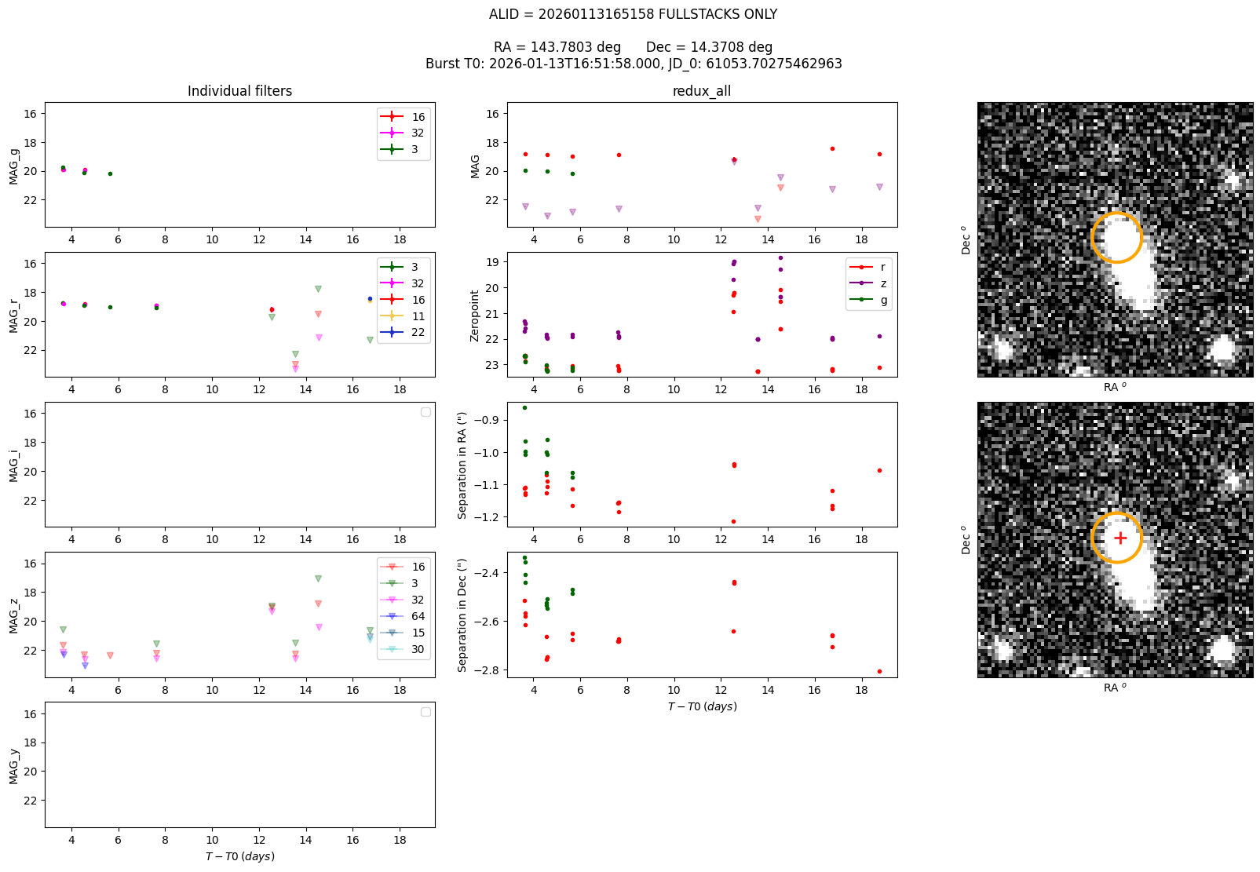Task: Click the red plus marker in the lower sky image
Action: pos(1120,538)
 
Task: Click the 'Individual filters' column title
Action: pos(239,91)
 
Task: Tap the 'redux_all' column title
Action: pos(701,91)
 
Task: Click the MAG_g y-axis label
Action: pos(14,167)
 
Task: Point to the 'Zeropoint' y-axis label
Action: pos(475,316)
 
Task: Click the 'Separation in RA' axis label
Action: pos(462,465)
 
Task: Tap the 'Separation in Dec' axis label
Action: pos(462,615)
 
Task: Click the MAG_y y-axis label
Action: pos(14,766)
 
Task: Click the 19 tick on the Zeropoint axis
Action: pos(492,262)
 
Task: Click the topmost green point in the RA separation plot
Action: pos(525,407)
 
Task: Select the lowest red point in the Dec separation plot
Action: pos(879,671)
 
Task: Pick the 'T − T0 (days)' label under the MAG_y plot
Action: pos(239,856)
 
